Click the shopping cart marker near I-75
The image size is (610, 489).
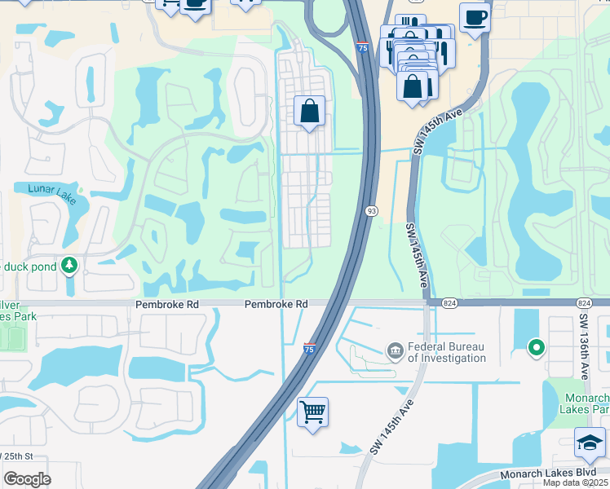312,412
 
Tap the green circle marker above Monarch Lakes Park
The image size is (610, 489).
536,348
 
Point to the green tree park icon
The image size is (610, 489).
70,265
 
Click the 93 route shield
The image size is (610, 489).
371,210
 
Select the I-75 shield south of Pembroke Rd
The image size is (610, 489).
310,348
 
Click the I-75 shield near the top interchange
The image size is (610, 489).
361,48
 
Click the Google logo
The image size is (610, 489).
27,479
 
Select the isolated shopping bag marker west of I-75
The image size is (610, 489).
310,112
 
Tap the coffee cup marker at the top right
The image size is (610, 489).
475,17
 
